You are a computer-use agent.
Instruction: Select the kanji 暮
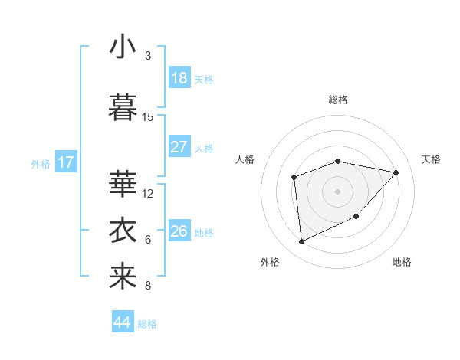123,107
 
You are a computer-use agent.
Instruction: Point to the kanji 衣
123,230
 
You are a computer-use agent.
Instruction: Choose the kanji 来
123,276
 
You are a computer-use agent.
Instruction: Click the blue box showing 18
179,78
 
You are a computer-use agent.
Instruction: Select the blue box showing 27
179,147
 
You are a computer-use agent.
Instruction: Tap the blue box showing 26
179,231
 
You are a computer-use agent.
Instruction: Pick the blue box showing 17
66,162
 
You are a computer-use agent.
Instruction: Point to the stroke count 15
148,117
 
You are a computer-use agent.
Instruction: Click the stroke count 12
148,193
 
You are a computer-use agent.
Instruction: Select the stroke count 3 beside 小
148,56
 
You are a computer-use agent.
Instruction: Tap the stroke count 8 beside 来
148,286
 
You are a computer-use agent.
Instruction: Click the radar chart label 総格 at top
338,100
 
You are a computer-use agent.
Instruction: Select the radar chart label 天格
431,159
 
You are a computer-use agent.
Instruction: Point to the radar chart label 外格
270,262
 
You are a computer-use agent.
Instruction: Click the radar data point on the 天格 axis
396,172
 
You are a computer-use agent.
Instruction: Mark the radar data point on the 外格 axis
302,241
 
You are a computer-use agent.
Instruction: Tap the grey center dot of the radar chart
337,191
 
